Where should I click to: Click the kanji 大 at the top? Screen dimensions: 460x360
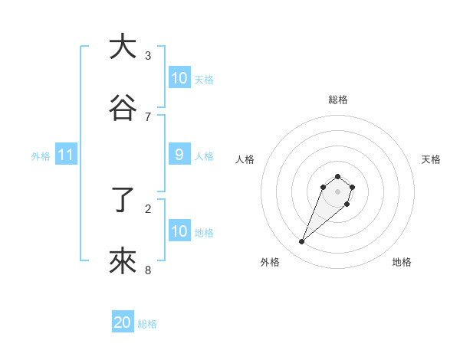coord(123,47)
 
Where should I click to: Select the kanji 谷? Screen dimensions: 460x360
coord(123,108)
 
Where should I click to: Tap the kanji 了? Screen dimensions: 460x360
coord(123,201)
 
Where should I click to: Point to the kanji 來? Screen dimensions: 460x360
coord(123,262)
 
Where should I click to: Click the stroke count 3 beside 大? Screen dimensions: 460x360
coord(148,55)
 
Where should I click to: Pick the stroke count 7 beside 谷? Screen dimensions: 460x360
coord(148,116)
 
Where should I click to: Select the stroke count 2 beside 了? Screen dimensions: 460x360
coord(148,208)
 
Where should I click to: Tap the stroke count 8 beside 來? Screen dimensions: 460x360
coord(148,270)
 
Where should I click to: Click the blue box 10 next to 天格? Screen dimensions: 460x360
coord(179,78)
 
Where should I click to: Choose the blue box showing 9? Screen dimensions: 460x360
coord(179,155)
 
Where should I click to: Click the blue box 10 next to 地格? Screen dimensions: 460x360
coord(179,231)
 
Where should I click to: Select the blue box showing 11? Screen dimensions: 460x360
coord(66,155)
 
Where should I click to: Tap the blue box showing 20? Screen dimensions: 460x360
coord(123,323)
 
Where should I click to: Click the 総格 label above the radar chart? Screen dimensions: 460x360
coord(338,100)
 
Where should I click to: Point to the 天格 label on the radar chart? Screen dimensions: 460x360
coord(431,159)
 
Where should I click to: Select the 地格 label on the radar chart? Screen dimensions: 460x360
coord(402,262)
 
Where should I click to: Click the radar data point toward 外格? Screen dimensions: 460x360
coord(302,242)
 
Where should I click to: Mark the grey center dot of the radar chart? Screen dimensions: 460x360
coord(338,191)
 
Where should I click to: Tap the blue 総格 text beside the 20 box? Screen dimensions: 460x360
coord(147,324)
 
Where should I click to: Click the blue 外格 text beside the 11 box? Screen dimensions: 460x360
coord(41,155)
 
